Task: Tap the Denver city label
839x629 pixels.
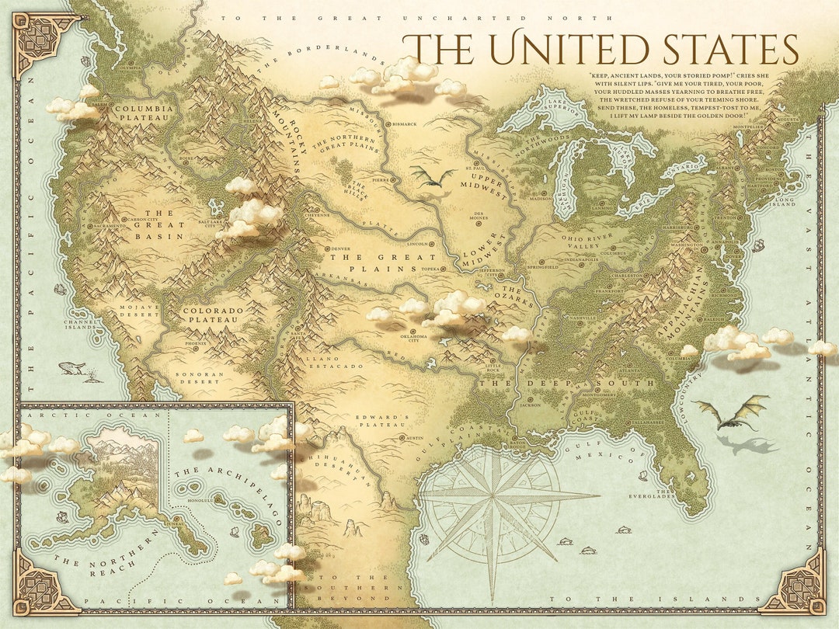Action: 340,248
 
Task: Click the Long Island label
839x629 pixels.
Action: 785,204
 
